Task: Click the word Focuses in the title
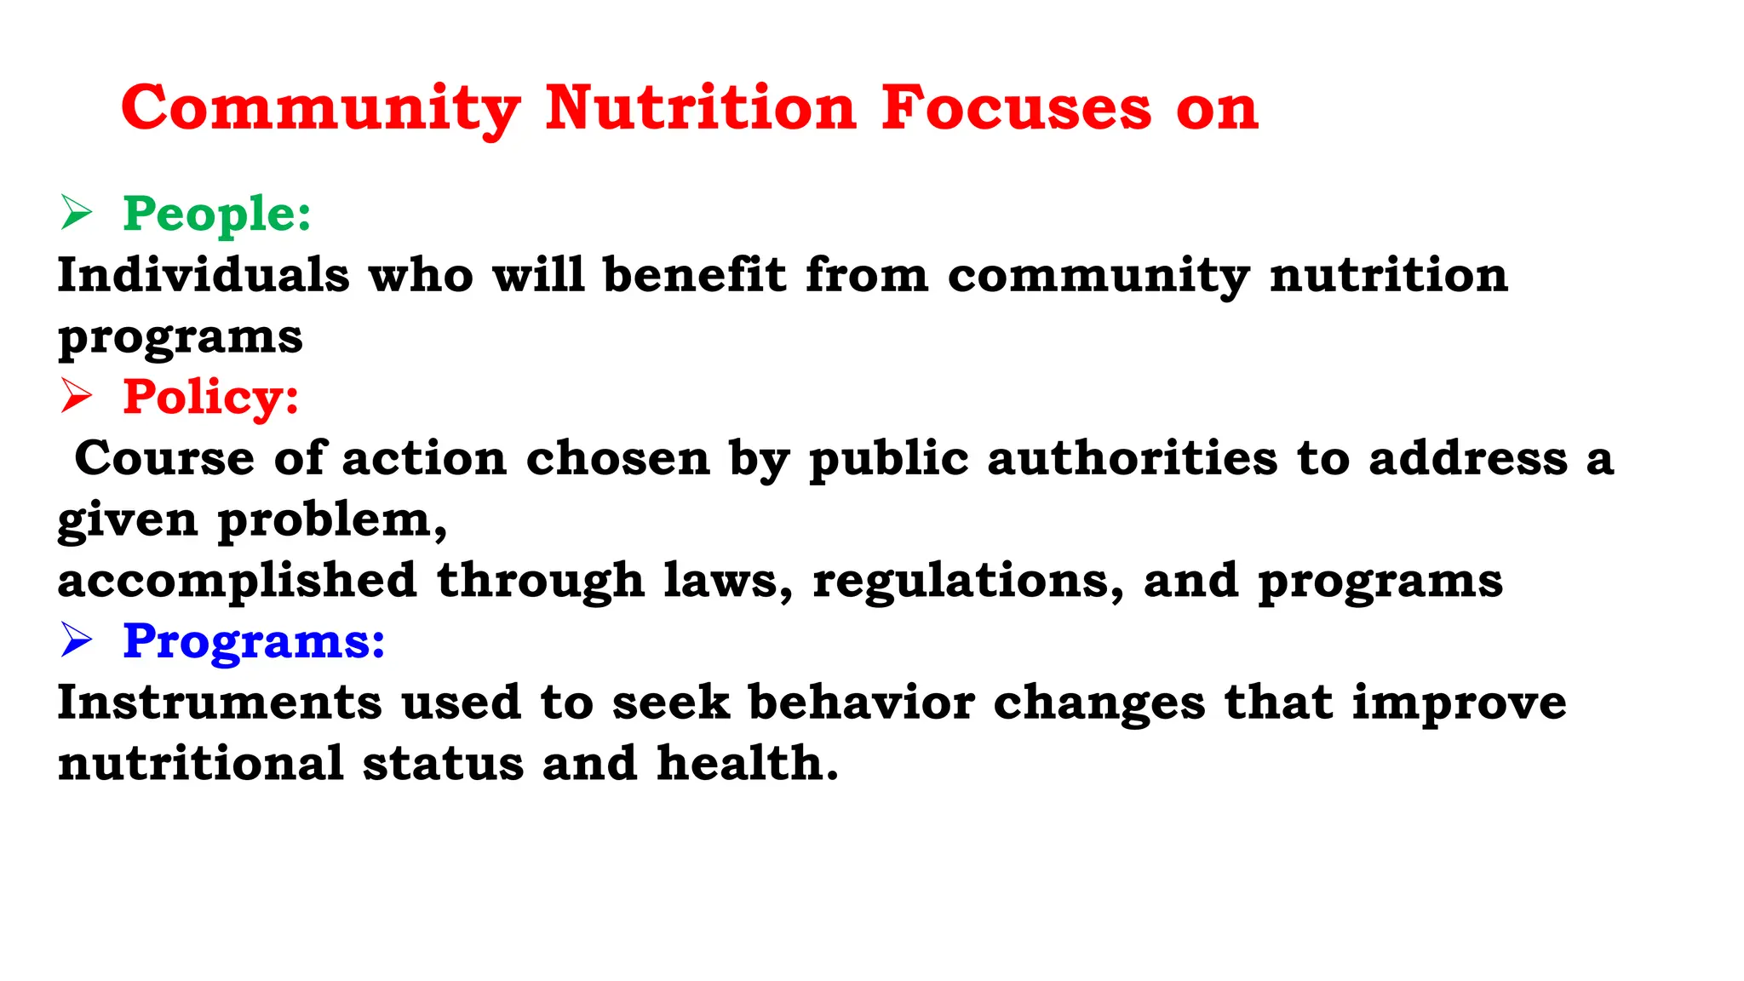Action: (1016, 108)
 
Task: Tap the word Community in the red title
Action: (321, 108)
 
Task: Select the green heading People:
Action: (217, 213)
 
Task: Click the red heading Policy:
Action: (211, 397)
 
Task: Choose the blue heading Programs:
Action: (254, 640)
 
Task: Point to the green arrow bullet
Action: (76, 212)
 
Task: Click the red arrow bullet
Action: (76, 396)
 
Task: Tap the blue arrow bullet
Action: (76, 640)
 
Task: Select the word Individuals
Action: (204, 275)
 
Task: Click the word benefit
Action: (694, 275)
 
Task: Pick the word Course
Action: (164, 458)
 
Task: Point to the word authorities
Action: (1133, 458)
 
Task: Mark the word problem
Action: (331, 520)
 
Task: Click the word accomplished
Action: (237, 581)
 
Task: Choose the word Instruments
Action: (220, 703)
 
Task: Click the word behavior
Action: (861, 703)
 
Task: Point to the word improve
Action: (1459, 703)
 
